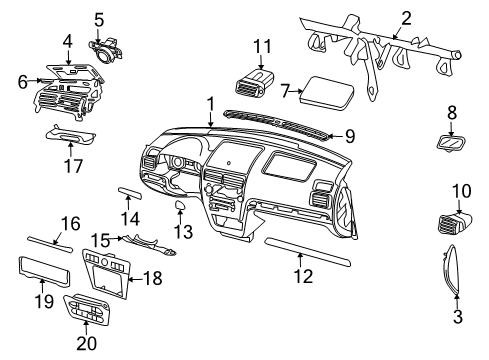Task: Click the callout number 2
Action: click(406, 18)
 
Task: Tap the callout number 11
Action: click(262, 46)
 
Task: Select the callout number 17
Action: click(73, 166)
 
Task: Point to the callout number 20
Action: click(86, 343)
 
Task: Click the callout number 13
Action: click(184, 232)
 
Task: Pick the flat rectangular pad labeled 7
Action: click(326, 93)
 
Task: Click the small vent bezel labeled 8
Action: click(451, 144)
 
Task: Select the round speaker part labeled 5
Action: click(105, 51)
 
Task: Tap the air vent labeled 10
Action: click(454, 223)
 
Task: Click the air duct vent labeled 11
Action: click(254, 83)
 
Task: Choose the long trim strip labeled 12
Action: click(307, 252)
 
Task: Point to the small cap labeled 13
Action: click(181, 204)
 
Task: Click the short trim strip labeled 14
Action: click(130, 193)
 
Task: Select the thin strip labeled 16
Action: click(50, 245)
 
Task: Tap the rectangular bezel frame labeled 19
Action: click(44, 272)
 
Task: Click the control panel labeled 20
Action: click(87, 309)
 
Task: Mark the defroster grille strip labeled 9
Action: click(277, 123)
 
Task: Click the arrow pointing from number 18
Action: click(135, 279)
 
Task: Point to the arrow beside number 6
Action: click(34, 80)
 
